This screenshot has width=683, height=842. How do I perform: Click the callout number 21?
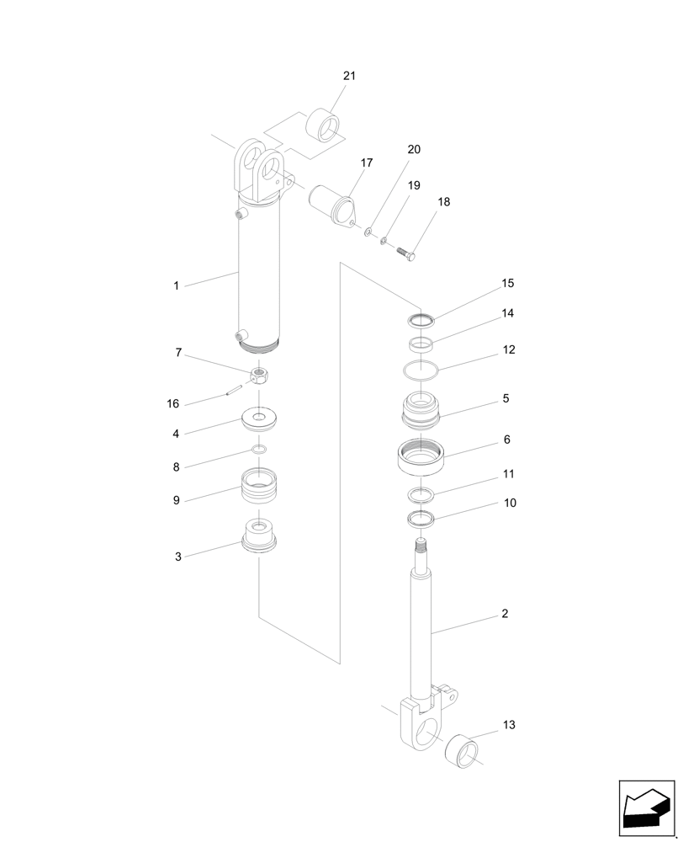349,76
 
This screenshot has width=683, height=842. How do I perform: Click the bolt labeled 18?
405,251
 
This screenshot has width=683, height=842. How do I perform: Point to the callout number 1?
176,286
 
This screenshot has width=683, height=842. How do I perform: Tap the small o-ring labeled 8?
260,450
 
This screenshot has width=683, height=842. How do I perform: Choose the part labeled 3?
259,537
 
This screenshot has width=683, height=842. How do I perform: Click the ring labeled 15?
421,319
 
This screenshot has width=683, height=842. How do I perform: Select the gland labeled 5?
421,410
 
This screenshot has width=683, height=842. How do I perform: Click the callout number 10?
510,503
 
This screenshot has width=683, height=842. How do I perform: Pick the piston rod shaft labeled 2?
421,623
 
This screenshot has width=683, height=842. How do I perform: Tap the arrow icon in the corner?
647,809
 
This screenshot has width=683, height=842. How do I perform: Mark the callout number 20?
414,150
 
